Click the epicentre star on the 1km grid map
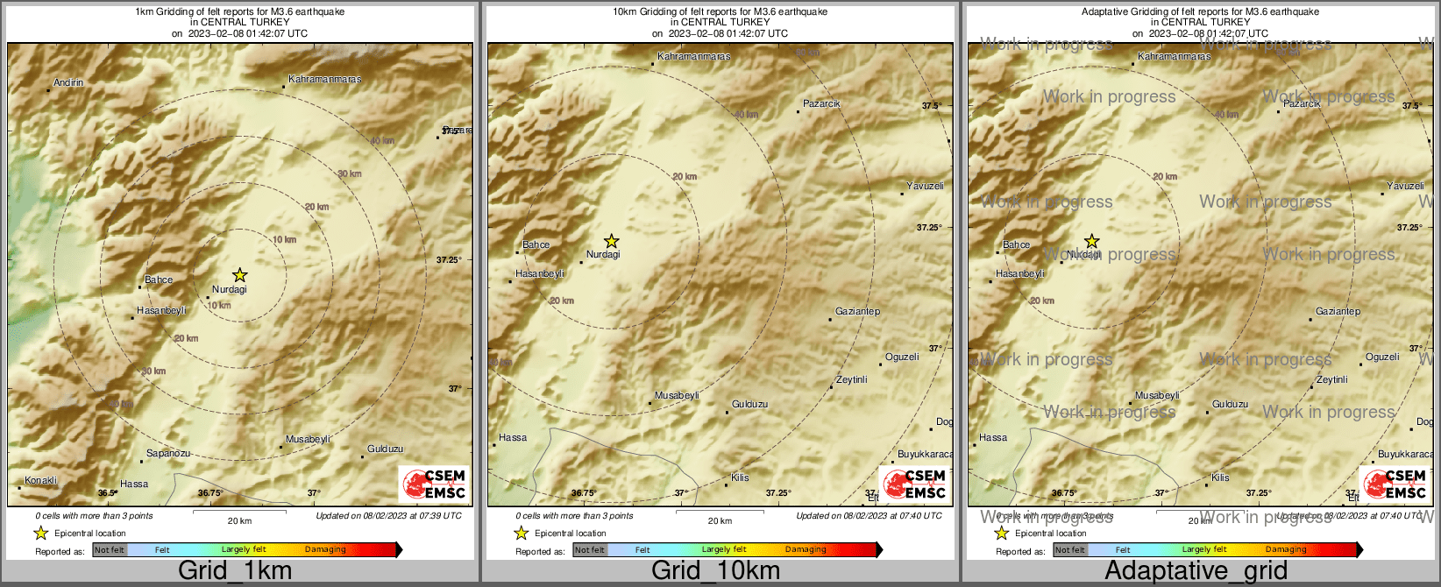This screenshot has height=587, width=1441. tap(239, 275)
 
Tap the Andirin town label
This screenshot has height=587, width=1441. tap(68, 83)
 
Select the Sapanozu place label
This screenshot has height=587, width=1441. tap(167, 454)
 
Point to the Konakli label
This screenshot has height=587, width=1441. tap(40, 481)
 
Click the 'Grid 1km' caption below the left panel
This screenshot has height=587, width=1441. tap(235, 571)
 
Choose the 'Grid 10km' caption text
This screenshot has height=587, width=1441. tap(715, 571)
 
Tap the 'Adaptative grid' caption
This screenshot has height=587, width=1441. tap(1196, 571)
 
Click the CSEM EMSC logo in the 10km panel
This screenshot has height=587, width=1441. tap(913, 484)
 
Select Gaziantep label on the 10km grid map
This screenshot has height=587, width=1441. tap(857, 312)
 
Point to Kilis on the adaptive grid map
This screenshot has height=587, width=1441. tap(1220, 478)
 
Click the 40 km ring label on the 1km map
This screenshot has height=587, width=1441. tap(381, 141)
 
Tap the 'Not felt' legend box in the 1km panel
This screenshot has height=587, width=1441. tap(110, 550)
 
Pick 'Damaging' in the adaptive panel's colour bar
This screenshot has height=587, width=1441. tap(1286, 550)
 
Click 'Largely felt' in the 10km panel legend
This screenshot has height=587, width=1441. tap(724, 550)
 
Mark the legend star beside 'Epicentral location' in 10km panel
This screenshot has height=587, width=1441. tap(521, 533)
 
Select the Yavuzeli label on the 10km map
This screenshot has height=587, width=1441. tap(925, 187)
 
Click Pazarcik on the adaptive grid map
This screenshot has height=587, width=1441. tap(1302, 104)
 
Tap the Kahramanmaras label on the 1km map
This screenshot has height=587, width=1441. tap(324, 80)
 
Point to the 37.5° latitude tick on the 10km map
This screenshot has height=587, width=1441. tap(930, 106)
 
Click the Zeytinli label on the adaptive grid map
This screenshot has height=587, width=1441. tap(1331, 380)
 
